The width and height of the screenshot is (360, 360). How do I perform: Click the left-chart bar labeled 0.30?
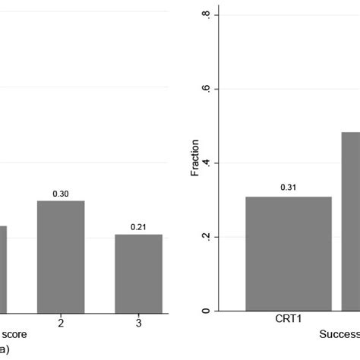click(61, 256)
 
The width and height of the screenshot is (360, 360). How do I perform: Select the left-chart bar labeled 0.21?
click(138, 273)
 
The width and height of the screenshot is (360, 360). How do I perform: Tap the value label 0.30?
click(61, 194)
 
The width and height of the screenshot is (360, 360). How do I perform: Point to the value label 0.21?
click(138, 227)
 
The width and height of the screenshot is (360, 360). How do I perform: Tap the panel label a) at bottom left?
click(5, 349)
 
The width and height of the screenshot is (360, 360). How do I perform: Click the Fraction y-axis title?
click(195, 157)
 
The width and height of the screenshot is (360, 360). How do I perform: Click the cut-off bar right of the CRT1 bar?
click(350, 221)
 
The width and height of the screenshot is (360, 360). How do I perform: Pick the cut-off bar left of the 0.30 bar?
click(3, 268)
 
